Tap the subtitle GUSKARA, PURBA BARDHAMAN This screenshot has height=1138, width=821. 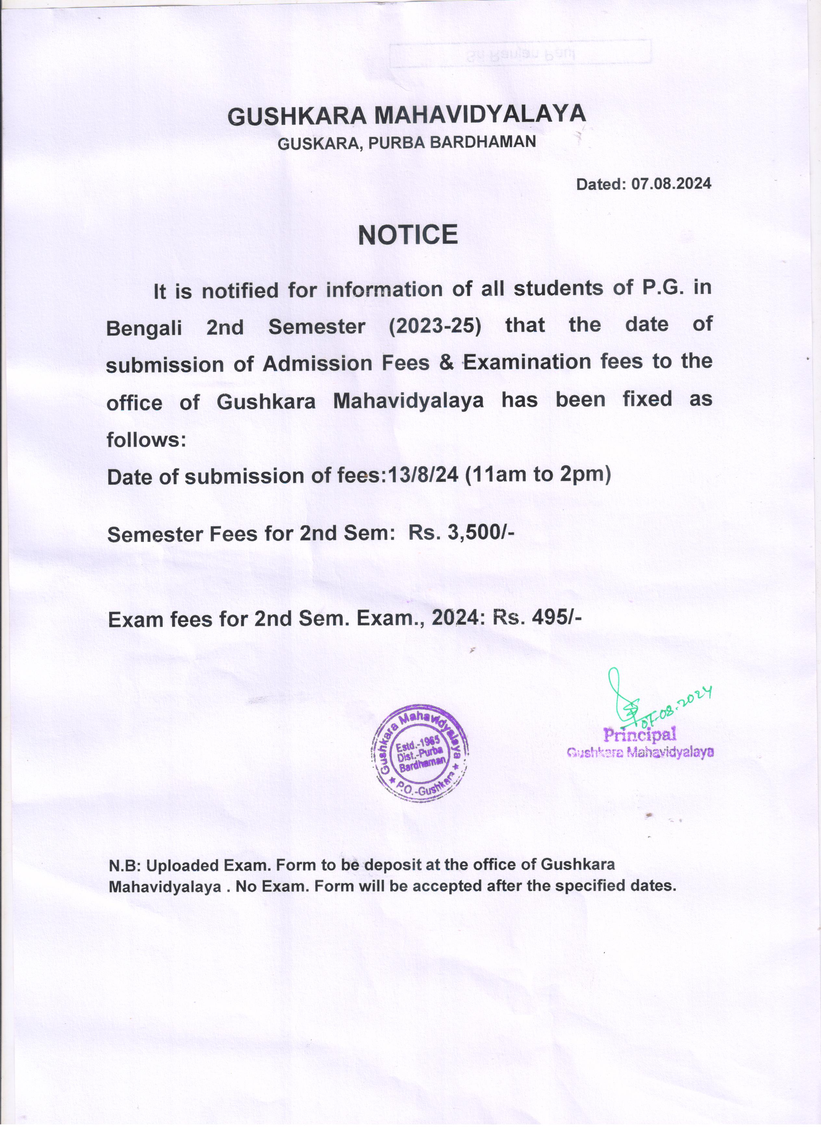tap(407, 143)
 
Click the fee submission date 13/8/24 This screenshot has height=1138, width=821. tap(421, 475)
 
